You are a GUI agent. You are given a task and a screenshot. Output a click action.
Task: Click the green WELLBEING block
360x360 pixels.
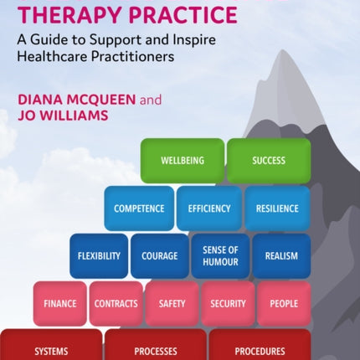183,161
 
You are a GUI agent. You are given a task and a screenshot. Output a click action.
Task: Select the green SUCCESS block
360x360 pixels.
269,161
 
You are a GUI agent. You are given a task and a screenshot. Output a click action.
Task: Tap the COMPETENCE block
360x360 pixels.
139,208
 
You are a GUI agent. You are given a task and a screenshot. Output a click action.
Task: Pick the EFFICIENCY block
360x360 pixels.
209,208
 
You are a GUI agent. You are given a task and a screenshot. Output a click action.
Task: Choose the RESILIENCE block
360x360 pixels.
277,208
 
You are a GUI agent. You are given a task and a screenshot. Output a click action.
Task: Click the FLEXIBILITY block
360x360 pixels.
99,256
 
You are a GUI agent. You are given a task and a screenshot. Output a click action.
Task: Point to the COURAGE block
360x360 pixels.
160,256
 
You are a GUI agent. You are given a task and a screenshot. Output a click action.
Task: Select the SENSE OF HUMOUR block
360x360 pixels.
220,256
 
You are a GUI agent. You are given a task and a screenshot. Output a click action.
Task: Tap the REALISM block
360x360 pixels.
281,256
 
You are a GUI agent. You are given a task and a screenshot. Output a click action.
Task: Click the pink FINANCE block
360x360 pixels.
60,304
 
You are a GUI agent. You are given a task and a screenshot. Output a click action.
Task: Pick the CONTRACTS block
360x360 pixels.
116,304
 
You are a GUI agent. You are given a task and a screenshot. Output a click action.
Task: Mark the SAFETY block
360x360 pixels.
172,304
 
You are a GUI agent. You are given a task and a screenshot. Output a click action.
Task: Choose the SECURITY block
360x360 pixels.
228,304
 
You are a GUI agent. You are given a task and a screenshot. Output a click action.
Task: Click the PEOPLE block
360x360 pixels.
284,304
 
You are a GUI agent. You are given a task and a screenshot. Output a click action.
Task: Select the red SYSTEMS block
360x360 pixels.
51,345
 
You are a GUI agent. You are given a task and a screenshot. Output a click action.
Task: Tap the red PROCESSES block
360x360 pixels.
156,345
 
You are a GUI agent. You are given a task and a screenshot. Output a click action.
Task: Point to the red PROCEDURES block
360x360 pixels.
260,345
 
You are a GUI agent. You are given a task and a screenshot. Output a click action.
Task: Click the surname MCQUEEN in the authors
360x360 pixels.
100,100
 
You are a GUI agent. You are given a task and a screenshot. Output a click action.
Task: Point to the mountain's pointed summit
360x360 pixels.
283,50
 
